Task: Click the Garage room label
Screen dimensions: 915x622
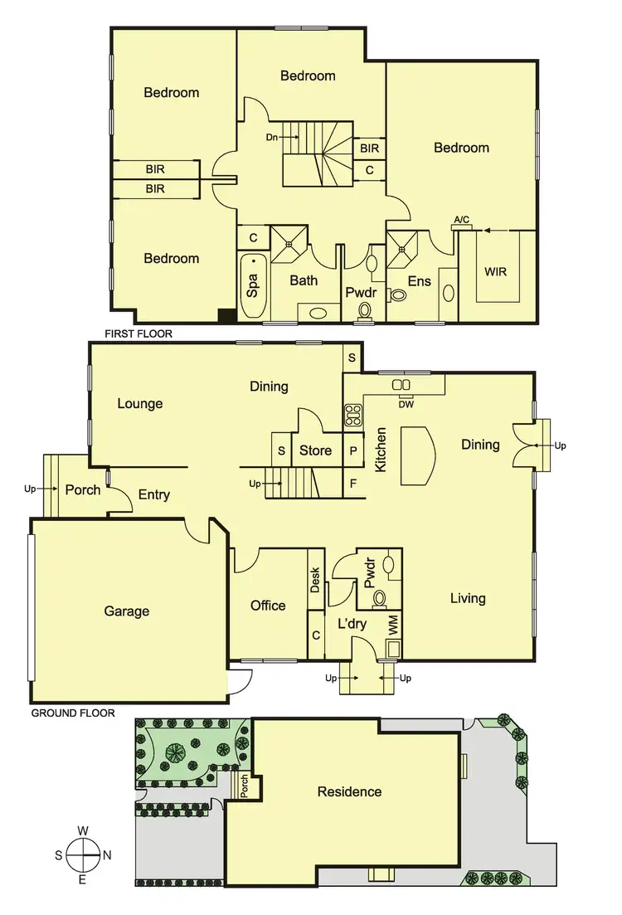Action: pos(127,611)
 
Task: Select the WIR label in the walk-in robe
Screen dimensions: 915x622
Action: pos(495,271)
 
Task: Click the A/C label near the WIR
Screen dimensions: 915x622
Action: pos(461,220)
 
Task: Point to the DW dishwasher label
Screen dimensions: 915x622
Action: pos(406,404)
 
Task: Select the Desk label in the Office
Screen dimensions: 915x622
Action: pos(315,579)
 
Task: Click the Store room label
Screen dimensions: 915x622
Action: pos(315,450)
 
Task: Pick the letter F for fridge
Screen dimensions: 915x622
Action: pos(354,482)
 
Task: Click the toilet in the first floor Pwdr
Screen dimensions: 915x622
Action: pos(363,309)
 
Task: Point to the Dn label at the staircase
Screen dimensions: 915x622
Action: pos(271,137)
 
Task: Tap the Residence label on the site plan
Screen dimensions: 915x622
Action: pos(349,791)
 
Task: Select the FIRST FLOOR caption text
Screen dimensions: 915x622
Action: pos(138,333)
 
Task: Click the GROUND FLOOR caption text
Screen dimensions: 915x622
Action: pos(72,713)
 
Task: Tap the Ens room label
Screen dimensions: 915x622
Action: pos(419,281)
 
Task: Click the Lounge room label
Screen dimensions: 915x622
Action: pos(139,404)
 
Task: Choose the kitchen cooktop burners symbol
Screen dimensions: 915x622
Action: pos(352,414)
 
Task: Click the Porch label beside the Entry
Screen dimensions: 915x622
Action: pos(83,489)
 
